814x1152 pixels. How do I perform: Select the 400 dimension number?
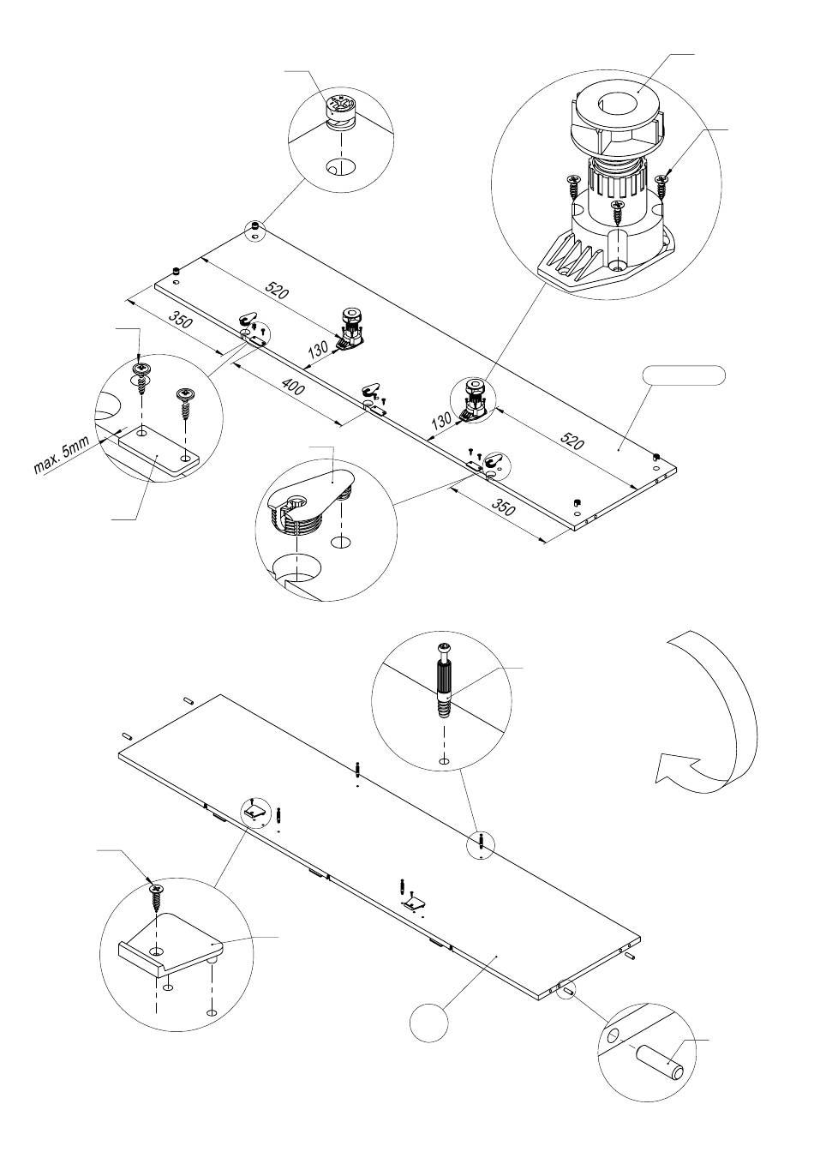click(294, 386)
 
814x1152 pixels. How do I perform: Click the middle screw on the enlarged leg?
click(617, 212)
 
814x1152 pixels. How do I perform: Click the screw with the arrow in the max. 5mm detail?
click(140, 376)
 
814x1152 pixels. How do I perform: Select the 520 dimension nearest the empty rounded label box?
click(572, 441)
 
